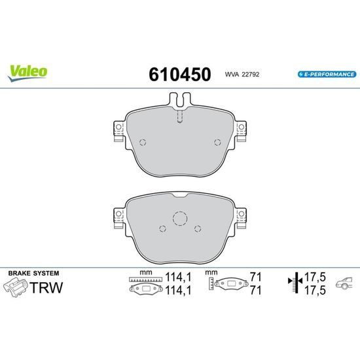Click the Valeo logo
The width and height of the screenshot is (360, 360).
[27, 73]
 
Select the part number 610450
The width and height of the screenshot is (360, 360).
[180, 74]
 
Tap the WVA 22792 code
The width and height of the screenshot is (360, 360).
[242, 75]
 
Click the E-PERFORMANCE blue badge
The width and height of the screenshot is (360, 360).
[327, 75]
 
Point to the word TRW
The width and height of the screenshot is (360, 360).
[46, 287]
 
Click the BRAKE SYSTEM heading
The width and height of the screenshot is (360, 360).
[34, 273]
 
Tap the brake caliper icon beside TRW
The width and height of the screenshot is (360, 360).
[15, 287]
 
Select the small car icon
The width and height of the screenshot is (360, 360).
[344, 283]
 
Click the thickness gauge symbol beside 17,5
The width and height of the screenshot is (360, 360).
[295, 282]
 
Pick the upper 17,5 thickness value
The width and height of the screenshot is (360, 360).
[315, 277]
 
